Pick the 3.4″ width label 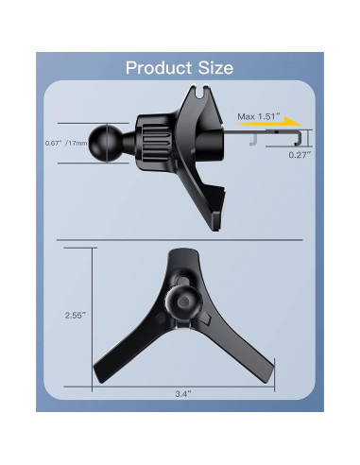pyautogui.click(x=184, y=392)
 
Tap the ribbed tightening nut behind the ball pyautogui.click(x=151, y=142)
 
